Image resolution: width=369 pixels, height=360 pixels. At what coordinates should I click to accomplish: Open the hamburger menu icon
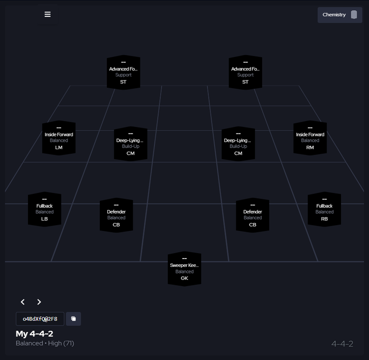click(x=48, y=14)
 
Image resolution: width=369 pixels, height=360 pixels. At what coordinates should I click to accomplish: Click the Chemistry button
click(x=339, y=15)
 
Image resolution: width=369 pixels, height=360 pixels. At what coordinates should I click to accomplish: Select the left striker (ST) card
click(x=123, y=72)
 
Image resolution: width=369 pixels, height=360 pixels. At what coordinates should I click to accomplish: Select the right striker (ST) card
click(x=245, y=72)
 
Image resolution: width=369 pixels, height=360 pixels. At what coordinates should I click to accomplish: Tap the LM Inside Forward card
click(x=59, y=138)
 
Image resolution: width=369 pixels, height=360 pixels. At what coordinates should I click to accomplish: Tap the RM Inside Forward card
click(x=310, y=138)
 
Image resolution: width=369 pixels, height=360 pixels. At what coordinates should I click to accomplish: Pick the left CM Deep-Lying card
click(x=130, y=144)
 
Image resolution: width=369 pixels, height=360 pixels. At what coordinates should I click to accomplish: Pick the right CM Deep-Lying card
click(x=238, y=144)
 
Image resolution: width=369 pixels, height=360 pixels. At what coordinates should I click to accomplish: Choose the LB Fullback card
click(x=45, y=209)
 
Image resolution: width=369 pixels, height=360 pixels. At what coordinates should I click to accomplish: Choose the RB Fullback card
click(x=324, y=209)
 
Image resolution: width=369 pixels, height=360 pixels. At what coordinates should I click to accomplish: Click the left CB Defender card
click(x=116, y=215)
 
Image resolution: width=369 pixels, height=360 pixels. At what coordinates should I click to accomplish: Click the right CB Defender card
click(x=252, y=215)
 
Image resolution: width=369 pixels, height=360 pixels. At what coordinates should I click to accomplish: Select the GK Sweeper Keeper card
click(x=184, y=269)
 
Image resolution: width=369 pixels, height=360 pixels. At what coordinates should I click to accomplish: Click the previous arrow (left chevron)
click(x=23, y=302)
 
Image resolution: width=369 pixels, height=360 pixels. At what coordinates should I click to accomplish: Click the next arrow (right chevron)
click(x=39, y=302)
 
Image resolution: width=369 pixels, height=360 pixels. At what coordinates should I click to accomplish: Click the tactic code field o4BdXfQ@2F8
click(x=40, y=319)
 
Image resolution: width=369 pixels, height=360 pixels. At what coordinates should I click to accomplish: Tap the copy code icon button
click(x=73, y=319)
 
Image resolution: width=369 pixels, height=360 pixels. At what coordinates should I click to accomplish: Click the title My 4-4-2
click(x=34, y=334)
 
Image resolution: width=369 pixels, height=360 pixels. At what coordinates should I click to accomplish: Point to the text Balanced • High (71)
click(x=45, y=343)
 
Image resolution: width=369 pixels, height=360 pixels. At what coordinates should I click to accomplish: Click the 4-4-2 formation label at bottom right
click(x=342, y=344)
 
